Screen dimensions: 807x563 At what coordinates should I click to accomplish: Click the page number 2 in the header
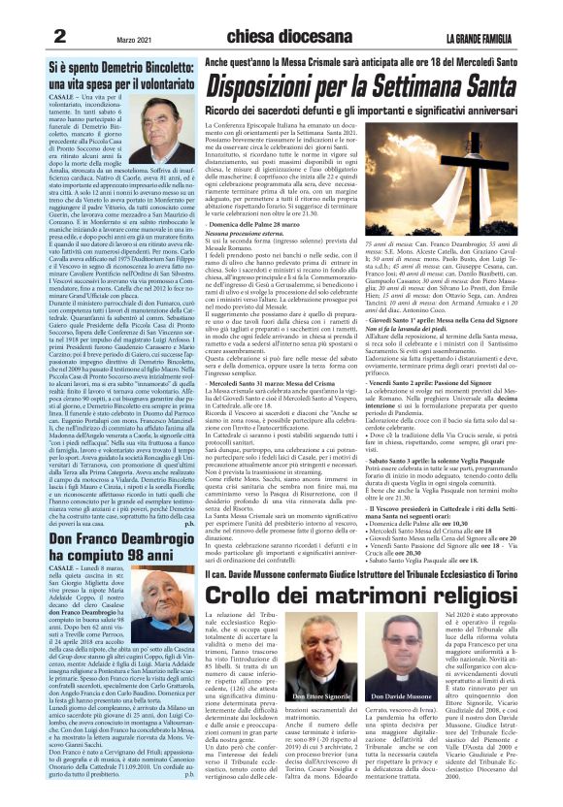[59, 36]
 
